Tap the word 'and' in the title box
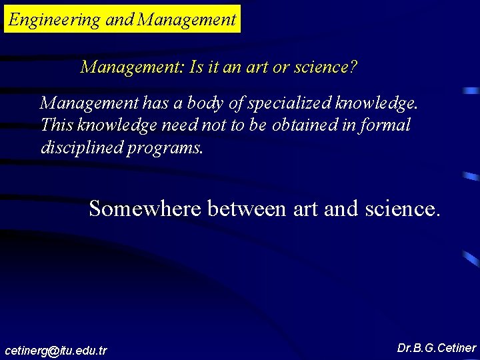pyautogui.click(x=120, y=20)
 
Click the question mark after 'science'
pyautogui.click(x=354, y=67)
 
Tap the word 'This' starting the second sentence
pyautogui.click(x=54, y=125)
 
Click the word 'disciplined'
pyautogui.click(x=81, y=147)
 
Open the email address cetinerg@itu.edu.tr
pyautogui.click(x=55, y=350)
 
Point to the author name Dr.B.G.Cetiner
pyautogui.click(x=436, y=348)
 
